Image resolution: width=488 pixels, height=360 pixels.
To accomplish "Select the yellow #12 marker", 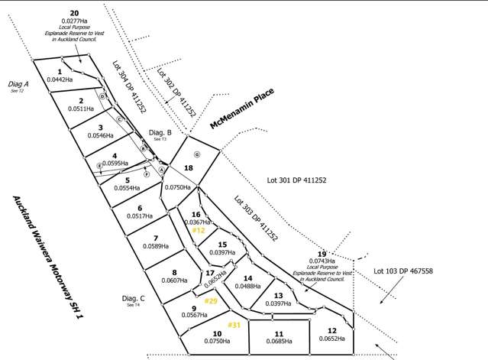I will pos(198,230).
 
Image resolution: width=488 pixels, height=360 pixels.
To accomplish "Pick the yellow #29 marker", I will pos(212,301).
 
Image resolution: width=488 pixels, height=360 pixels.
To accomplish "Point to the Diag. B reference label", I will pos(160,132).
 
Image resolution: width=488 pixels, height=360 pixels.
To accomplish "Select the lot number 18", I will pos(189,166).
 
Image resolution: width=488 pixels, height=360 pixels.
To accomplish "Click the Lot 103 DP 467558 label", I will pos(402,271).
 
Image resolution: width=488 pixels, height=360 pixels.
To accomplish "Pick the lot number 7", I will pos(155,237).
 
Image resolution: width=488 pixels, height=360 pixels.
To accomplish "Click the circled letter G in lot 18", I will pos(196,154).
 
